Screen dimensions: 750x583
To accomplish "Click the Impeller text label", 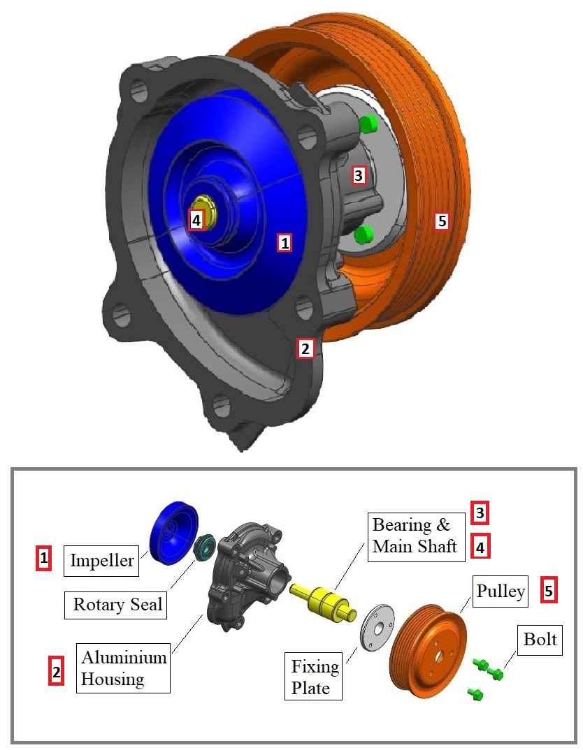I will pyautogui.click(x=102, y=560).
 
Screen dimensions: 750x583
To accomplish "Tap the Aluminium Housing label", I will pyautogui.click(x=124, y=668).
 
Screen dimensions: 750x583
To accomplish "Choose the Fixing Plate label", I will pyautogui.click(x=315, y=677).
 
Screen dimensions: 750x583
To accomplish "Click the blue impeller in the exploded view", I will pyautogui.click(x=173, y=531).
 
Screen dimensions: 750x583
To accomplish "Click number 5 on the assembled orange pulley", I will pyautogui.click(x=441, y=221).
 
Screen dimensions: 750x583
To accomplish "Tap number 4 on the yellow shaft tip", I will pyautogui.click(x=196, y=221).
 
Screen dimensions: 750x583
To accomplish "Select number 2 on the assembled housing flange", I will pyautogui.click(x=305, y=348).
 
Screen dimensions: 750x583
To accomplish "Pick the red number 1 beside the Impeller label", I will pyautogui.click(x=44, y=558).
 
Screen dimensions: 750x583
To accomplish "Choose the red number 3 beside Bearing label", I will pyautogui.click(x=480, y=513).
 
